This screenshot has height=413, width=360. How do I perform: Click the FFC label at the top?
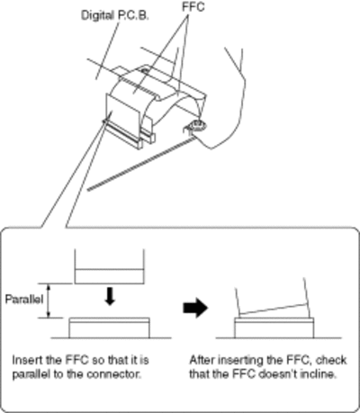(193, 6)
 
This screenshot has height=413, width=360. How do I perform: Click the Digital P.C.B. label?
(115, 15)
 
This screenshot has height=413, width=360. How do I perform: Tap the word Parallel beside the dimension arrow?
(24, 300)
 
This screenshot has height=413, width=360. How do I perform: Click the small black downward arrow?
(111, 296)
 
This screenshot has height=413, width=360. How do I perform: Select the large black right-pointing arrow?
(195, 308)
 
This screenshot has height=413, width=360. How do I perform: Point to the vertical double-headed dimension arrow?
(49, 301)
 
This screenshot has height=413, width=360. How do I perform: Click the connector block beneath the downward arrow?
(109, 328)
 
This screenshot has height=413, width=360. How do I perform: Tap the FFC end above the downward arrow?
(109, 266)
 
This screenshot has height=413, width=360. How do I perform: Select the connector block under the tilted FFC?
(274, 328)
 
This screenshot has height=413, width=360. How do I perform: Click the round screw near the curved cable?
(196, 125)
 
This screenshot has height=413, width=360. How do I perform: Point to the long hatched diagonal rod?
(139, 163)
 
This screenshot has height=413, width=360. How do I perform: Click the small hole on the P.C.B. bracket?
(144, 71)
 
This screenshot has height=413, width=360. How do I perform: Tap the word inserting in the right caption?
(240, 360)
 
